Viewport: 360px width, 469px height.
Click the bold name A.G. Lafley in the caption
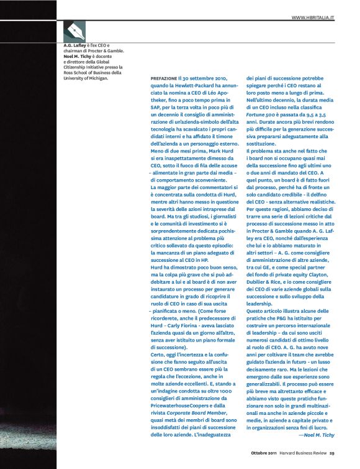(x=75, y=45)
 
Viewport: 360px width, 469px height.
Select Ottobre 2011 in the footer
(x=264, y=453)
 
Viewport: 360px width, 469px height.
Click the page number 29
(x=332, y=453)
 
